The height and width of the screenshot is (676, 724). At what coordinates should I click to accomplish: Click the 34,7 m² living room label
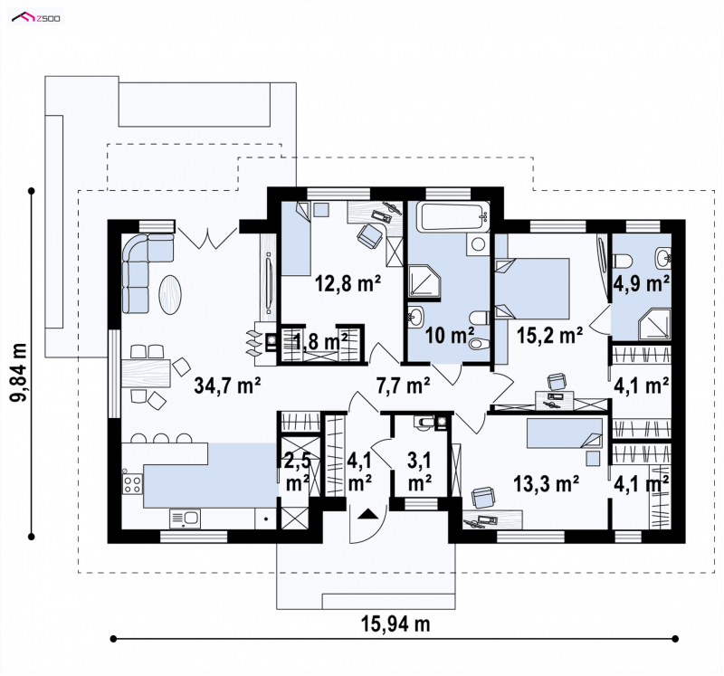pos(228,386)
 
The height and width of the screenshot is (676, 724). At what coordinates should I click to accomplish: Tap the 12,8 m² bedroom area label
pos(348,283)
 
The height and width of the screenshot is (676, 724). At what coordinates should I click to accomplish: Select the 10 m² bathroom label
pos(449,335)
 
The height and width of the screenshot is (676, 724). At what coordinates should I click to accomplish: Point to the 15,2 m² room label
pos(549,335)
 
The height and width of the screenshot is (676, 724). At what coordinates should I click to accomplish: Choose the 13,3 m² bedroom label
pos(547,484)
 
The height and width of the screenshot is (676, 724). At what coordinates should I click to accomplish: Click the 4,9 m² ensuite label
pos(642,283)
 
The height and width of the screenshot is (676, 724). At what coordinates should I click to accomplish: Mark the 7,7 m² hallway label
pos(404,386)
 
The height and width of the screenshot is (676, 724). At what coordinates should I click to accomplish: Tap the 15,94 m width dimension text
pos(395,624)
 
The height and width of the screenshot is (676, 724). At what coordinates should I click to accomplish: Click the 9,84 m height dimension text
pos(18,372)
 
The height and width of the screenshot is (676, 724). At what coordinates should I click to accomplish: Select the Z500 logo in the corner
pos(36,18)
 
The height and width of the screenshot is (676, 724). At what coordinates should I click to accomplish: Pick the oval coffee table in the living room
pos(170,295)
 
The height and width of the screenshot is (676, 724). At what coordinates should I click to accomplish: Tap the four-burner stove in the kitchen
pos(133,483)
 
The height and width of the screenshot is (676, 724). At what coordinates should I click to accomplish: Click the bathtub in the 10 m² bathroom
pos(453,216)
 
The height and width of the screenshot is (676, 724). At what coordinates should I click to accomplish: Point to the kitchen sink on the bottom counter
pos(185,519)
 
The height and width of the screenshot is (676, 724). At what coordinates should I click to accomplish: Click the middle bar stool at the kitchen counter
pos(162,438)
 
